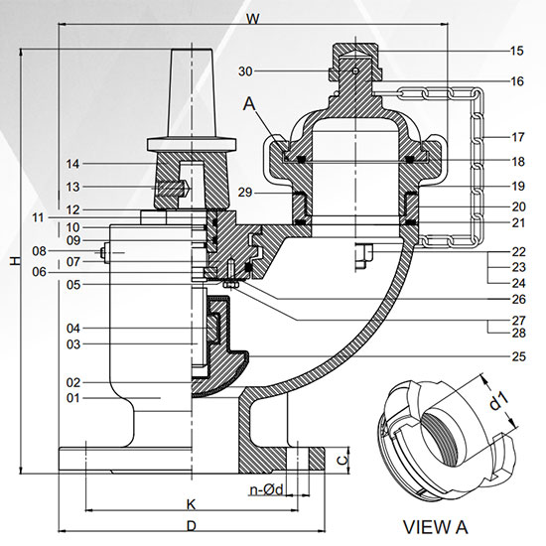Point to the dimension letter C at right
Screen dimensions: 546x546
pos(341,460)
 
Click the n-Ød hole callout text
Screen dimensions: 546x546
pos(266,488)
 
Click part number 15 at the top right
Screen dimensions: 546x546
pos(516,50)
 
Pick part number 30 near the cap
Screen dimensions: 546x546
pos(246,70)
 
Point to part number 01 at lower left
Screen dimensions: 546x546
pos(70,398)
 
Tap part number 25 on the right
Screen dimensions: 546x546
pos(516,355)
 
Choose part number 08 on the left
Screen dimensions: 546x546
pos(40,251)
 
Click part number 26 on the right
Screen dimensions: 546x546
pos(516,298)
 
